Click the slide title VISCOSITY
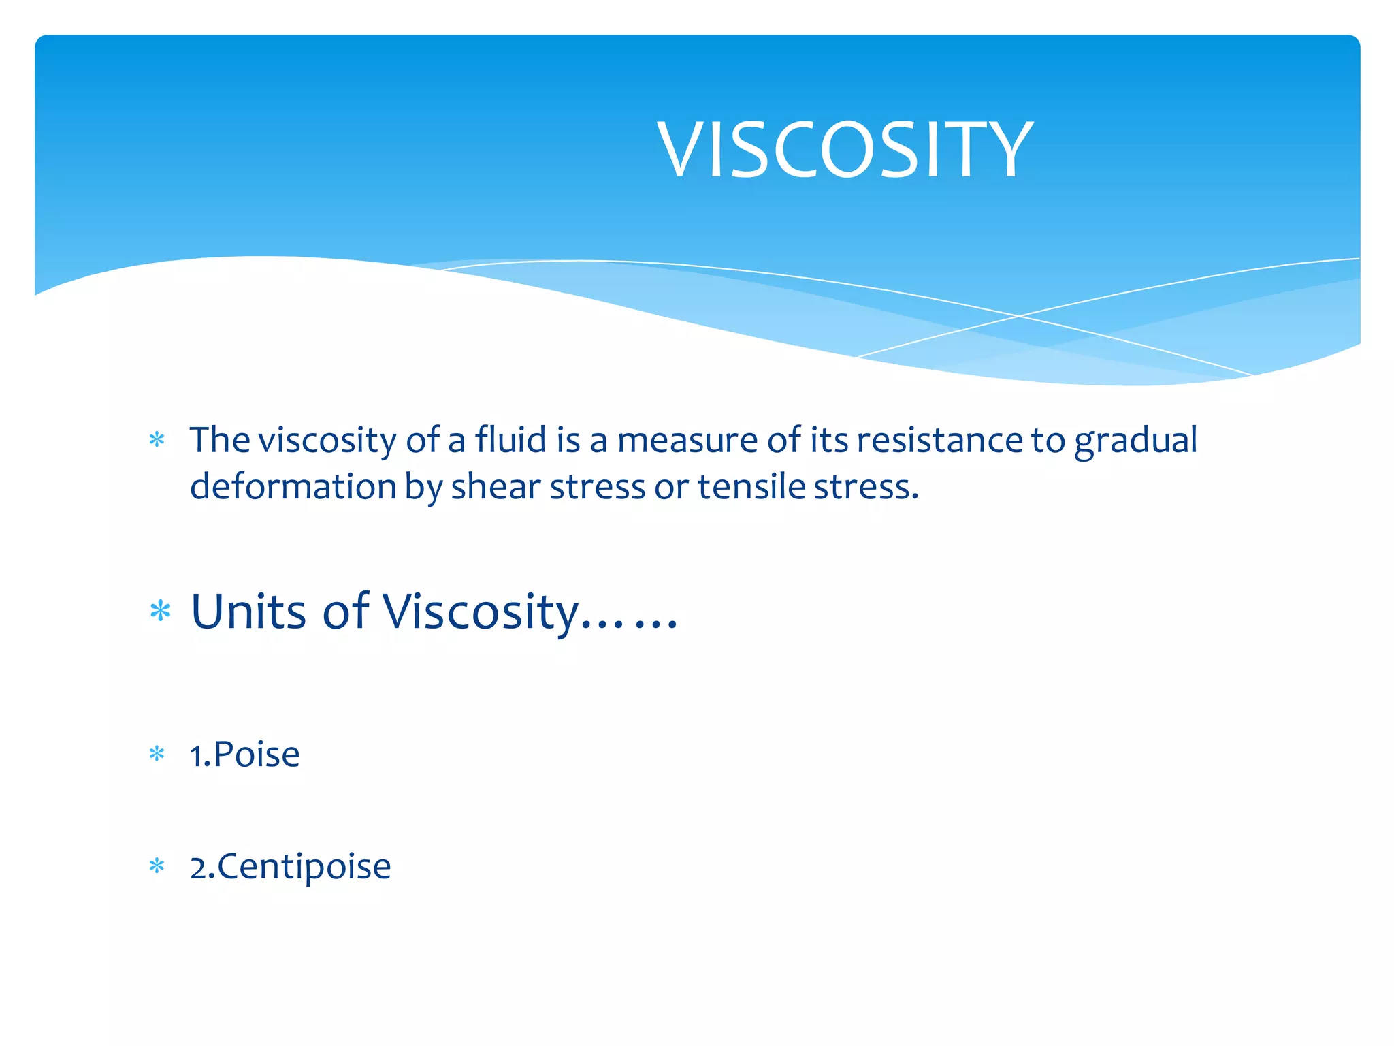844,149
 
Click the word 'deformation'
293,487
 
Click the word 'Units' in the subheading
249,611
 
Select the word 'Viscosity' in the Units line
481,612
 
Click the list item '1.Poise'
245,755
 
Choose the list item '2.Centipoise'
291,867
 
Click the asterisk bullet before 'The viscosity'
157,440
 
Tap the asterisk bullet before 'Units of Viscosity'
161,611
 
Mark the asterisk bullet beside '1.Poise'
157,754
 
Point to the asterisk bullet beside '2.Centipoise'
157,866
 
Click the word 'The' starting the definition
219,440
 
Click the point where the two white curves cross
1019,316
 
